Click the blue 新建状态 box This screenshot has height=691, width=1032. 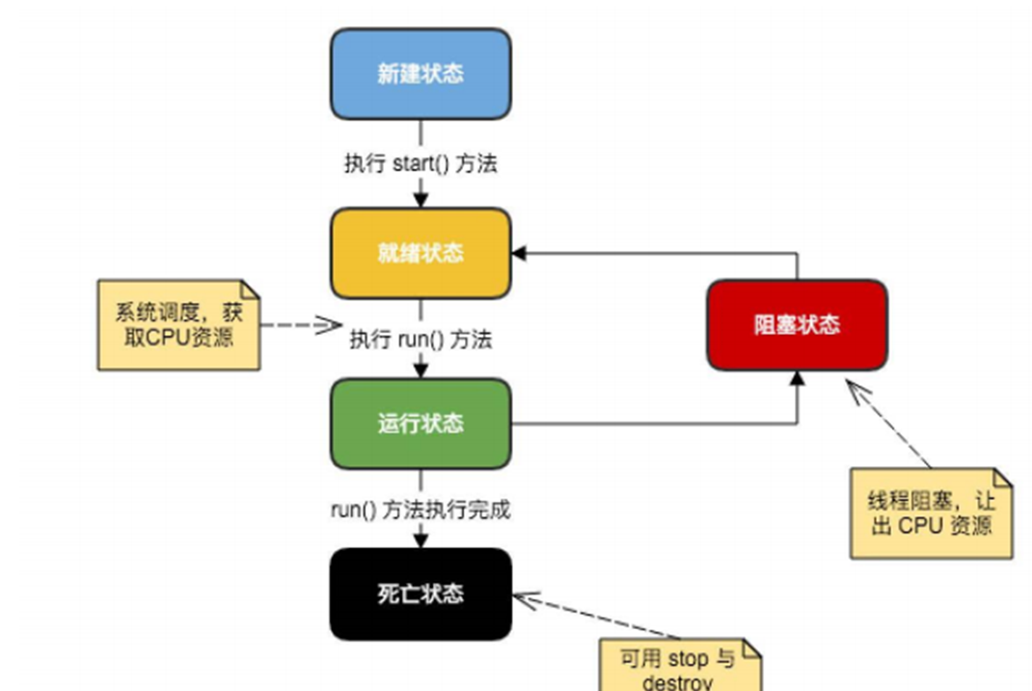pyautogui.click(x=421, y=74)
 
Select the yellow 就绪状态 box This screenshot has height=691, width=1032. pyautogui.click(x=421, y=253)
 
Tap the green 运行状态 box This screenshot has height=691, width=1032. pyautogui.click(x=421, y=424)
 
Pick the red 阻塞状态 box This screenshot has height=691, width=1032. pyautogui.click(x=797, y=324)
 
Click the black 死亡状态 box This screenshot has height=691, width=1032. pyautogui.click(x=421, y=594)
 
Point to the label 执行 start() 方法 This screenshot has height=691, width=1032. pyautogui.click(x=421, y=164)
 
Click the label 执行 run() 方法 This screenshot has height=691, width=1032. pyautogui.click(x=421, y=340)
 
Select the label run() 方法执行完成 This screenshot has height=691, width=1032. pyautogui.click(x=421, y=511)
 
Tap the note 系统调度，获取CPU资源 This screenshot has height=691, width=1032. pyautogui.click(x=178, y=325)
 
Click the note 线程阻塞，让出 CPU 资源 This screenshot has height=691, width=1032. pyautogui.click(x=931, y=513)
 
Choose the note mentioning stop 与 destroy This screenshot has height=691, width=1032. pyautogui.click(x=680, y=668)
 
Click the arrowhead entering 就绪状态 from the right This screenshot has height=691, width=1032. pyautogui.click(x=519, y=253)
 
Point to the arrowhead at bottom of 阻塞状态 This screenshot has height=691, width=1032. pyautogui.click(x=797, y=377)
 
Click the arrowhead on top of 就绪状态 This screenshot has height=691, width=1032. pyautogui.click(x=421, y=200)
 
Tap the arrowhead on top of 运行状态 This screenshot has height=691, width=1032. pyautogui.click(x=421, y=372)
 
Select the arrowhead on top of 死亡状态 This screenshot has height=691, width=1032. pyautogui.click(x=421, y=541)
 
